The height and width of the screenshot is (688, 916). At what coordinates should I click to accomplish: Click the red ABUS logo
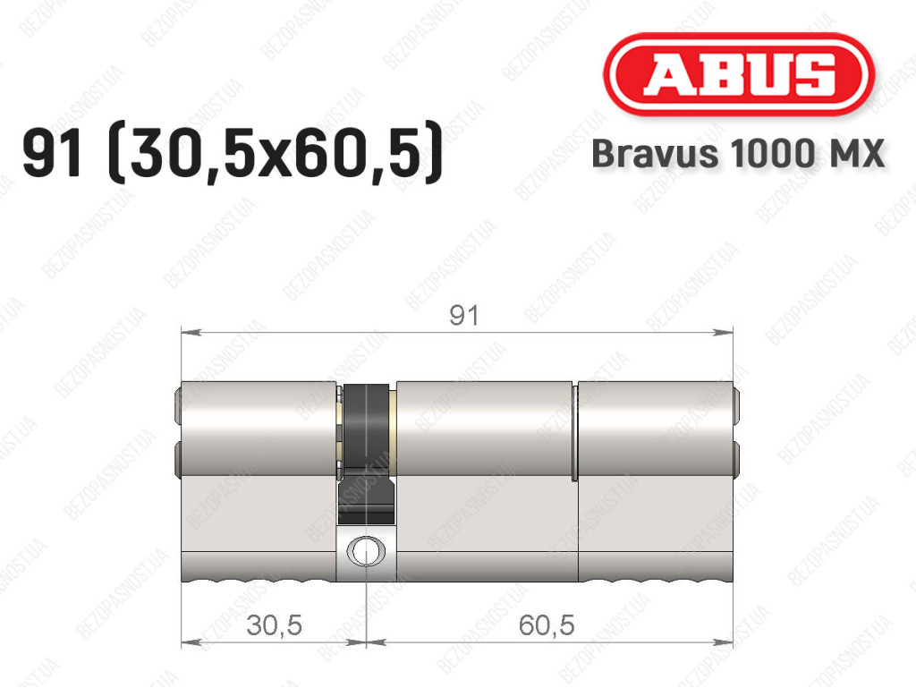point(738,75)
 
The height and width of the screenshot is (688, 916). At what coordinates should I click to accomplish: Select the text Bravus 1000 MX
point(738,154)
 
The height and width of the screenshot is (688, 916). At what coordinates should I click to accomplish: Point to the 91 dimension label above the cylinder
point(464,316)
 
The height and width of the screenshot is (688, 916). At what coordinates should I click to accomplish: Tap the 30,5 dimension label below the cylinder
point(274,625)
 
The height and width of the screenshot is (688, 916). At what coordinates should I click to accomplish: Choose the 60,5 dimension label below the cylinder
point(547,625)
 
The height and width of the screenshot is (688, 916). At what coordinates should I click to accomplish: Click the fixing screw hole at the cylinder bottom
point(365,550)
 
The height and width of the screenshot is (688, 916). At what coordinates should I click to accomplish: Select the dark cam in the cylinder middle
point(366,454)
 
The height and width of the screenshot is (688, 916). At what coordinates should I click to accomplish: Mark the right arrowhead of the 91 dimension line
point(723,332)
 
